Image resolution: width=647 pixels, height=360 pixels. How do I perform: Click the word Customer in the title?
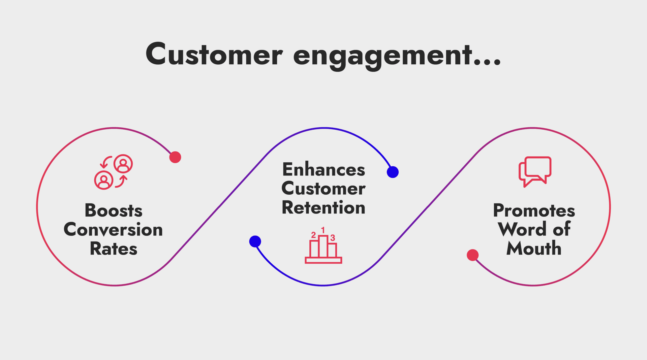coord(214,55)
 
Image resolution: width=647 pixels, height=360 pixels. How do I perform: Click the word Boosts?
coord(114,210)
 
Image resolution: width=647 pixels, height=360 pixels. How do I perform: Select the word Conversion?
coord(113,230)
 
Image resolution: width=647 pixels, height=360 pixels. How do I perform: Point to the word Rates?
coord(114,249)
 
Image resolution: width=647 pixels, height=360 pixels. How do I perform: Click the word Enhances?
coord(323,169)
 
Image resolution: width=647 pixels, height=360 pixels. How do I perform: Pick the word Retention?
coord(323,207)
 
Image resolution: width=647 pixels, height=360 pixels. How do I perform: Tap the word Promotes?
coord(534,210)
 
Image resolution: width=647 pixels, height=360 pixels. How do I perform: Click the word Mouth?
coord(534,249)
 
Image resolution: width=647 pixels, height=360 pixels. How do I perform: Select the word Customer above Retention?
coord(323,188)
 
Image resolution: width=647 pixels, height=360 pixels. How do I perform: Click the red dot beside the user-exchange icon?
coord(175,157)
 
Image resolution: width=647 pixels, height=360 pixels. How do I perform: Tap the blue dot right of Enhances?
coord(393,172)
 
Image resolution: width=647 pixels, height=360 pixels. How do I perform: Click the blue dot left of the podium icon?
coord(255,241)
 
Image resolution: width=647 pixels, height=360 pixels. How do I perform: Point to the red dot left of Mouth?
coord(472,255)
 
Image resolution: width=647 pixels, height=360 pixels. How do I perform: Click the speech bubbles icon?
coord(535,171)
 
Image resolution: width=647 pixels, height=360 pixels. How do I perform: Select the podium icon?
coord(323,248)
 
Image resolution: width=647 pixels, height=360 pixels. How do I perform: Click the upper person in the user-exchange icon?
coord(123,164)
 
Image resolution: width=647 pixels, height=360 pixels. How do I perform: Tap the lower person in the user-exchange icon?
coord(103,180)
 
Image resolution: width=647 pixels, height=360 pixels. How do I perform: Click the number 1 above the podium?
coord(323,230)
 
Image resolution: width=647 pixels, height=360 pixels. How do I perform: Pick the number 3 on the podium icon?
coord(333,238)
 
